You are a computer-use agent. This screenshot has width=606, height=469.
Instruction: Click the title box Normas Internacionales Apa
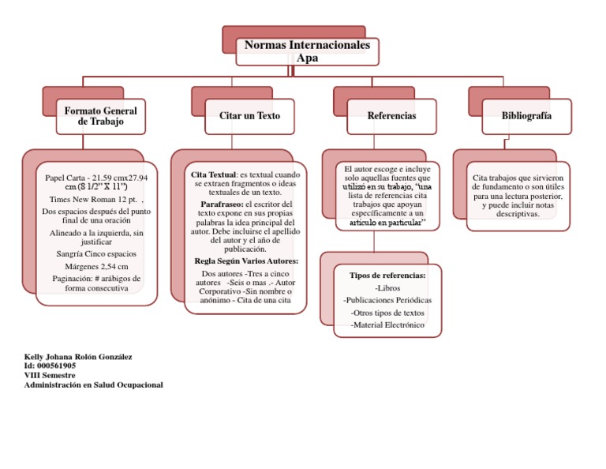click(x=307, y=51)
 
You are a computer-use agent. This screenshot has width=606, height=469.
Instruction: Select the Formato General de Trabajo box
click(x=100, y=116)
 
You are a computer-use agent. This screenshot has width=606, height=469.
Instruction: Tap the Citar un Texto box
click(x=249, y=116)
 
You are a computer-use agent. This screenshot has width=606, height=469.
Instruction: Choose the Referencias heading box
click(x=391, y=116)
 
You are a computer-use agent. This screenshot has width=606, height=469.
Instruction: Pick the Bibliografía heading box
click(x=526, y=116)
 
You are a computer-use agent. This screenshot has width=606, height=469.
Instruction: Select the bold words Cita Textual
click(x=213, y=173)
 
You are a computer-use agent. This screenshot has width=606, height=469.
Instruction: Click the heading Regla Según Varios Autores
click(x=246, y=261)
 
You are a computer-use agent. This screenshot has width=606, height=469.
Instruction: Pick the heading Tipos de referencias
click(x=387, y=276)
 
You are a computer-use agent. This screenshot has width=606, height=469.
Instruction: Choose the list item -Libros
click(x=387, y=288)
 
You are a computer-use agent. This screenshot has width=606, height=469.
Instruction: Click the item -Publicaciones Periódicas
click(x=387, y=301)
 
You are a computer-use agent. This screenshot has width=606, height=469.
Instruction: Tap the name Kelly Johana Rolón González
click(x=78, y=357)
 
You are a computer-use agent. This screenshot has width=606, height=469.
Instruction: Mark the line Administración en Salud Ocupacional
click(x=94, y=385)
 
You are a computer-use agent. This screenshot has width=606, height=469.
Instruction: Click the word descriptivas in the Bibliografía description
click(x=518, y=213)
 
